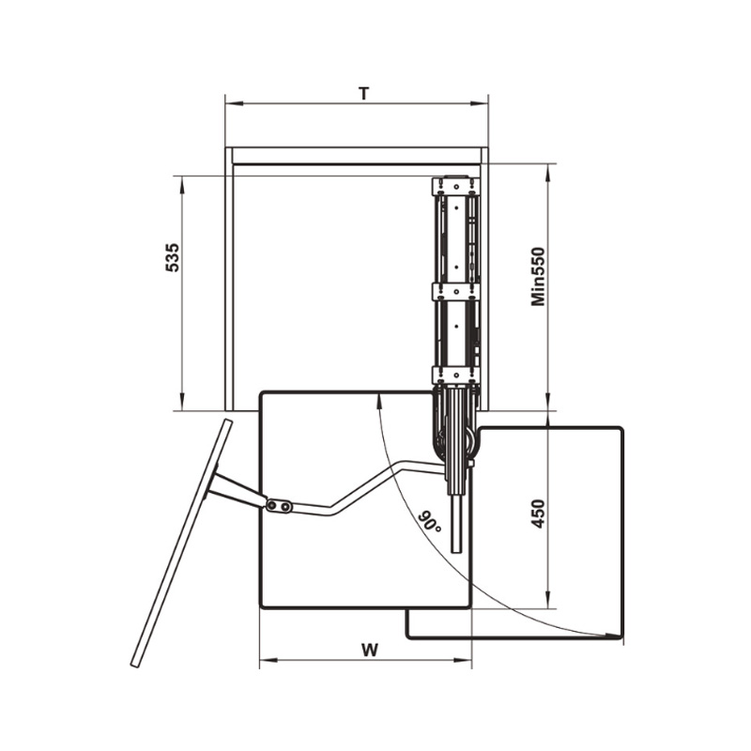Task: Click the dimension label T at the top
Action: (x=364, y=94)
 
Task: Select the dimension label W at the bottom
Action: (x=370, y=650)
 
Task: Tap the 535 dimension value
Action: (x=173, y=257)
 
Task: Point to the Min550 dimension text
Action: (x=538, y=276)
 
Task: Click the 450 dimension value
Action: (x=538, y=513)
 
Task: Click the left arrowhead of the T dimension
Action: (x=234, y=103)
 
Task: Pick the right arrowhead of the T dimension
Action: (x=479, y=103)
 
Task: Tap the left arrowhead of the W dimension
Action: (x=268, y=661)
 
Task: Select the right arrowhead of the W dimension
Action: (x=463, y=661)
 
